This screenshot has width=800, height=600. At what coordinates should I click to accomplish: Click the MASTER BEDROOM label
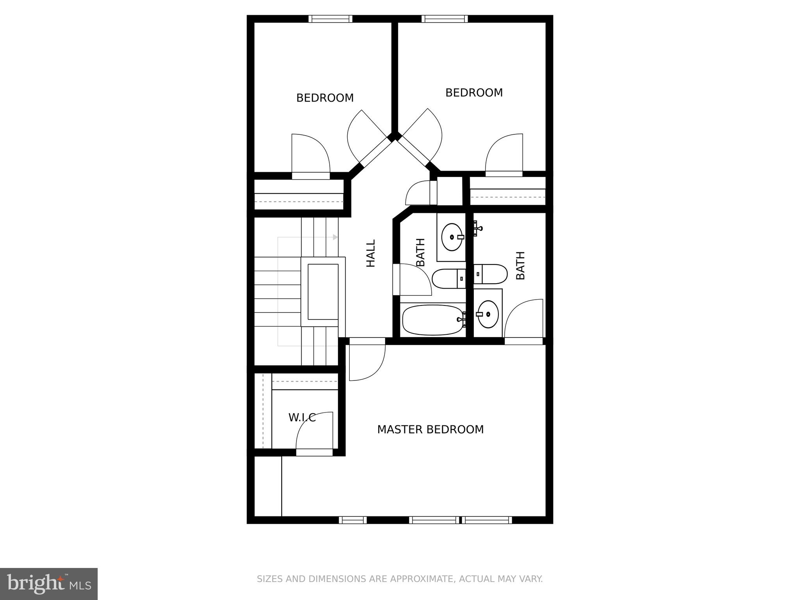tap(430, 430)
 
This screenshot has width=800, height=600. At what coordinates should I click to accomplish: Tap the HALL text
tap(370, 254)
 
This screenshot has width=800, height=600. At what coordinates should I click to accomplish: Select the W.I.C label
tap(302, 418)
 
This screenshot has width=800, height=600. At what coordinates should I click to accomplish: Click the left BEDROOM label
tap(325, 98)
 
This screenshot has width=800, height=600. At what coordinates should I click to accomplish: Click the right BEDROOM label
tap(474, 93)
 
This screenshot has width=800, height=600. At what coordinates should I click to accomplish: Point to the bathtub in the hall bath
tap(432, 320)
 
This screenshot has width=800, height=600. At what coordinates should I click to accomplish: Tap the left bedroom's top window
tap(330, 19)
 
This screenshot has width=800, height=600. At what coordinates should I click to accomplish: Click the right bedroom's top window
tap(445, 19)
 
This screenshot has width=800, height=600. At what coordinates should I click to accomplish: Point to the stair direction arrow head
tap(335, 237)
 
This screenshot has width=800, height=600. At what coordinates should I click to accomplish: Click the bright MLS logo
tap(48, 584)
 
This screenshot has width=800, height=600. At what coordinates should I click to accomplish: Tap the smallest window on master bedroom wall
tap(352, 520)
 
